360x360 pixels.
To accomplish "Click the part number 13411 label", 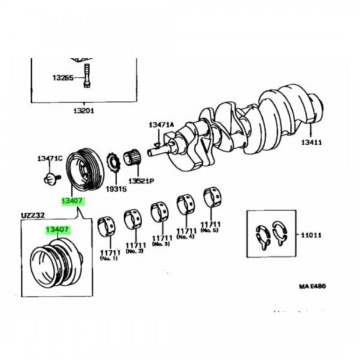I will [x=311, y=142].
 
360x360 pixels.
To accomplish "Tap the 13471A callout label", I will [x=161, y=125].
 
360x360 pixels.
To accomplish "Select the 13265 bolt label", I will [x=62, y=77].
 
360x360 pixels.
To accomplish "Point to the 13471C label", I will [x=49, y=158].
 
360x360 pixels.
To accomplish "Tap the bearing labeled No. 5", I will [x=212, y=196].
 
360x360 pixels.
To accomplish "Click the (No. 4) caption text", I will [x=186, y=236].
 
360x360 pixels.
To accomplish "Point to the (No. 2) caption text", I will [x=135, y=250].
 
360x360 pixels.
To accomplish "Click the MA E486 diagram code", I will [x=312, y=287].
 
